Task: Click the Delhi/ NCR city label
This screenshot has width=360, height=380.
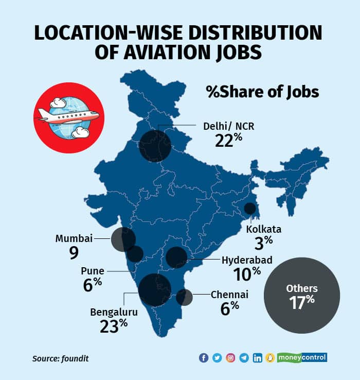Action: [225, 125]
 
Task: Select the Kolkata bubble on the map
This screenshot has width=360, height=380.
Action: [250, 209]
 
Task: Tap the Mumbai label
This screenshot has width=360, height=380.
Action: [75, 238]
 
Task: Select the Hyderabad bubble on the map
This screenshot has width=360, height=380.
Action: [176, 257]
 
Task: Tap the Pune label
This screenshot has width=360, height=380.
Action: [93, 271]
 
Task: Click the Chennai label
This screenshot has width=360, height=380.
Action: [229, 295]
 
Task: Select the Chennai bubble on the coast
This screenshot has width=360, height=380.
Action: [184, 297]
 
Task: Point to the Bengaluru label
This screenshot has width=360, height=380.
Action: [114, 312]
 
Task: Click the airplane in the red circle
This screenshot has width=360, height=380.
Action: [68, 117]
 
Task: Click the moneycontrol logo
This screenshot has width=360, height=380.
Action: [303, 357]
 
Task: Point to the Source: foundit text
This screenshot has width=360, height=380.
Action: [57, 358]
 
